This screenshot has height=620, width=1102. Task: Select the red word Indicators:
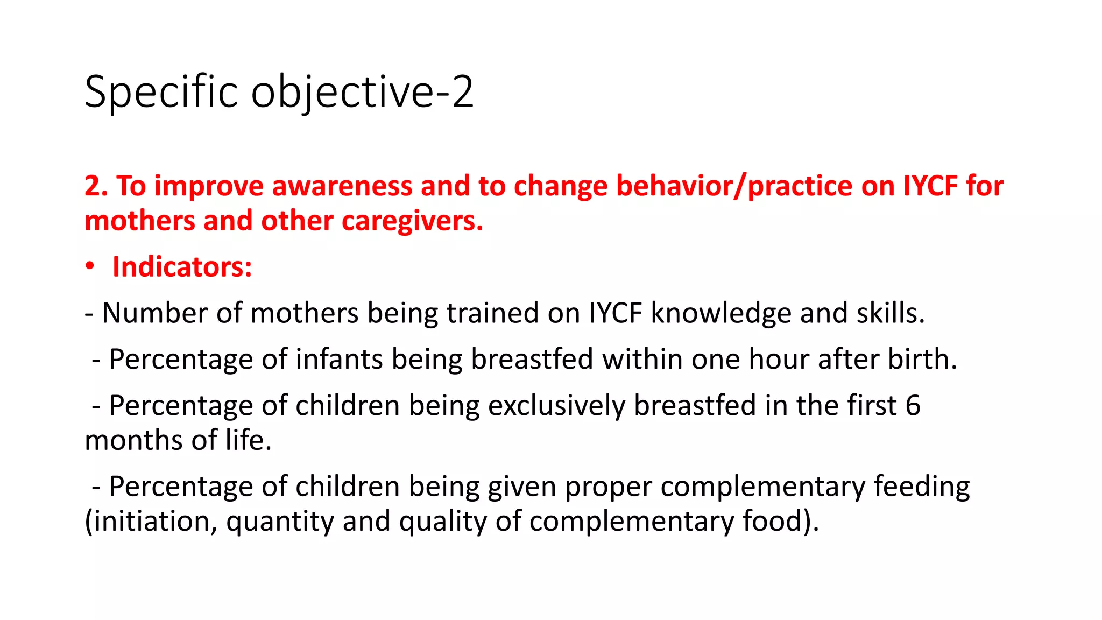point(182,267)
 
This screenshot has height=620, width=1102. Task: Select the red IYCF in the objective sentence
point(931,186)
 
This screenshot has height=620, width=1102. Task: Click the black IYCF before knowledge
point(615,313)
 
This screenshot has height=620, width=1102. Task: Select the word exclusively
point(556,406)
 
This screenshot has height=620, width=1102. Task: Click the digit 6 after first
point(913,406)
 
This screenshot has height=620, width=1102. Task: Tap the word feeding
point(921,487)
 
